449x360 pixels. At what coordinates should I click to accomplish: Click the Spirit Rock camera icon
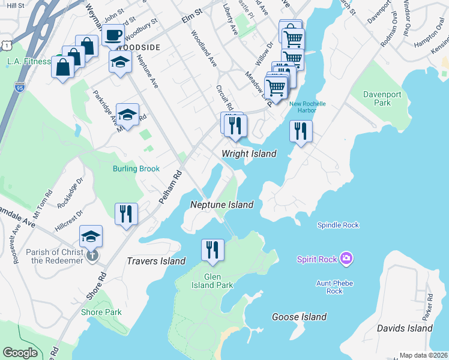click(x=346, y=259)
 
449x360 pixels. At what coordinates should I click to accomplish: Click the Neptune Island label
click(x=221, y=205)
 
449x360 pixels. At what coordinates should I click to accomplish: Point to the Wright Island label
click(x=249, y=154)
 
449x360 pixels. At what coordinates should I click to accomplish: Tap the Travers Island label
click(x=156, y=261)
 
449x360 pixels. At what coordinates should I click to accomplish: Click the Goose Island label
click(x=299, y=317)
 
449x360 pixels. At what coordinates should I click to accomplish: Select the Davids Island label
click(x=405, y=328)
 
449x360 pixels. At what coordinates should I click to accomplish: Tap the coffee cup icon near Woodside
click(x=112, y=35)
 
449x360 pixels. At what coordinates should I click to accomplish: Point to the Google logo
click(x=20, y=353)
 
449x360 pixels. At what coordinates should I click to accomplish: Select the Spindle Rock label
click(x=338, y=225)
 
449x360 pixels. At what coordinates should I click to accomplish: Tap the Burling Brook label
click(x=136, y=169)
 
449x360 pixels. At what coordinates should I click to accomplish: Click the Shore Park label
click(x=101, y=312)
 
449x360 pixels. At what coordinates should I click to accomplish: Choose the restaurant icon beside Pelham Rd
click(x=127, y=214)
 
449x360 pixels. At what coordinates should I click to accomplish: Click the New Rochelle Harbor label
click(x=307, y=107)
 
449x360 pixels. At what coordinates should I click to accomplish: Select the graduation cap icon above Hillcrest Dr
click(x=91, y=236)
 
